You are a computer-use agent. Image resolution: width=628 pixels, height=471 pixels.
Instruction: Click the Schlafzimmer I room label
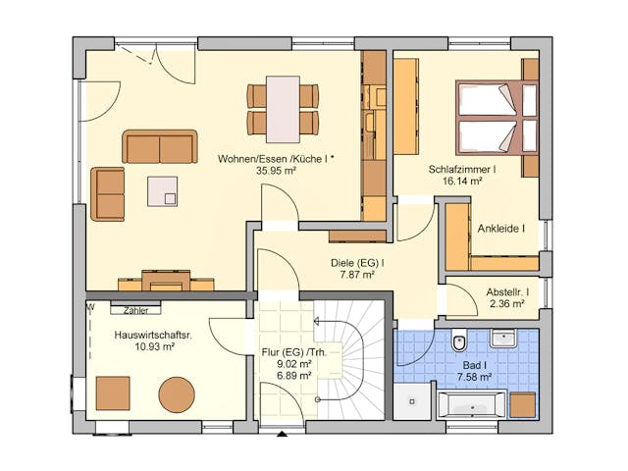click(x=461, y=169)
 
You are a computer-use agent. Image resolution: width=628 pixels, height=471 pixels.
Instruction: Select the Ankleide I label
click(x=500, y=229)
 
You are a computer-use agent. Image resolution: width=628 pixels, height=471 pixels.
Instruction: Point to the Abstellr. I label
click(x=508, y=292)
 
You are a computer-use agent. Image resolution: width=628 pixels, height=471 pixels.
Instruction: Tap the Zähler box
click(x=135, y=310)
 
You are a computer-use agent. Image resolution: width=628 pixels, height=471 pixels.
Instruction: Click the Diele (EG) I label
click(x=356, y=262)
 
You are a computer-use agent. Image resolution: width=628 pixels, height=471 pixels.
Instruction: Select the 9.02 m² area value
click(x=293, y=364)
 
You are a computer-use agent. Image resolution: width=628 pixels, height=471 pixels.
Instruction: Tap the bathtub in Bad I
click(x=471, y=403)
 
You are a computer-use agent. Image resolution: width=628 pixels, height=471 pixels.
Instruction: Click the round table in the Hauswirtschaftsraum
click(x=178, y=393)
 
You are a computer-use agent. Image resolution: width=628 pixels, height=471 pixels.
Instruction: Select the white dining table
click(x=283, y=109)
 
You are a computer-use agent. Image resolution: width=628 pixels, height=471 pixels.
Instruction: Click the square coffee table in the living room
click(x=163, y=190)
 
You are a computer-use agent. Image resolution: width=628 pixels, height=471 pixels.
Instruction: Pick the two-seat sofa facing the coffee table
click(x=159, y=147)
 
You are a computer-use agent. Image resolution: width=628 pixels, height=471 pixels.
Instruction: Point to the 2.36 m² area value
click(x=507, y=305)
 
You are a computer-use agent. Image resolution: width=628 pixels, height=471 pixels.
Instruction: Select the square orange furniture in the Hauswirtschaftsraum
click(x=112, y=392)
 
